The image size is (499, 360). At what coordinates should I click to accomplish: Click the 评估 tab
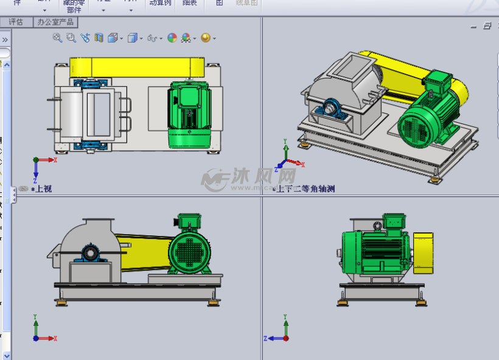point(16,22)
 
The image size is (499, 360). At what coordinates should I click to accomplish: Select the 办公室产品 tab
point(55,22)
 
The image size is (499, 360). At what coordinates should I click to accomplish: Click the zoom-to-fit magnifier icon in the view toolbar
point(57,38)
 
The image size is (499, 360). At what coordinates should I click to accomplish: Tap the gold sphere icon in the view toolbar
point(206,38)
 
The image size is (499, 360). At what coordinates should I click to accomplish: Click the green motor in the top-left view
point(189,114)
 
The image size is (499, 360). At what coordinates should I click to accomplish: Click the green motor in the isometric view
point(426,119)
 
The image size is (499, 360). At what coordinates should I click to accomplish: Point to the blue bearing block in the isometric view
point(331,111)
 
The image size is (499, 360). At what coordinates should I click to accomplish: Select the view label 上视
point(42,189)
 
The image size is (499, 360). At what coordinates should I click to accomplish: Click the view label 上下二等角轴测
point(305,189)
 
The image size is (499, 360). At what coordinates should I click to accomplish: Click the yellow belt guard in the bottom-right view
point(423,252)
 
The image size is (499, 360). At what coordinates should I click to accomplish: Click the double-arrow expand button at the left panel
point(5,40)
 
